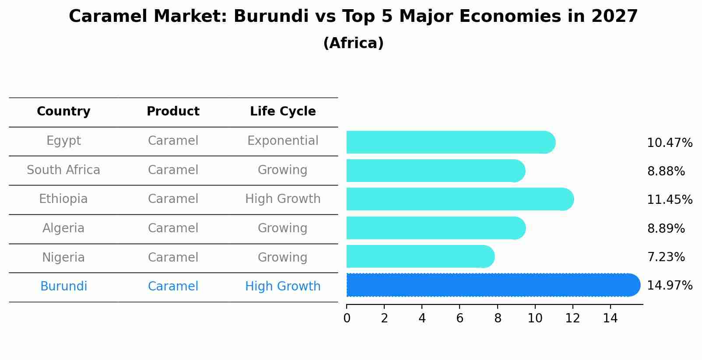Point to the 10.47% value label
click(x=670, y=143)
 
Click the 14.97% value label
click(x=670, y=286)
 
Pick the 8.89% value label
click(x=666, y=228)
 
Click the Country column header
click(x=63, y=112)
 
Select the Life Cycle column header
click(x=283, y=112)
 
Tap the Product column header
click(x=173, y=112)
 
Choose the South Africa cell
click(x=63, y=170)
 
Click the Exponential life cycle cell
click(x=283, y=141)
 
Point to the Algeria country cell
click(x=63, y=228)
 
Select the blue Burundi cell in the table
click(x=63, y=287)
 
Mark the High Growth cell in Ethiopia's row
click(x=283, y=199)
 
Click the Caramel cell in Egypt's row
click(x=173, y=141)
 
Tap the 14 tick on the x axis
click(x=610, y=318)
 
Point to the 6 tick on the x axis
click(x=460, y=318)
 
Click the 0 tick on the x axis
click(x=347, y=318)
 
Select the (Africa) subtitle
click(x=353, y=43)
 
